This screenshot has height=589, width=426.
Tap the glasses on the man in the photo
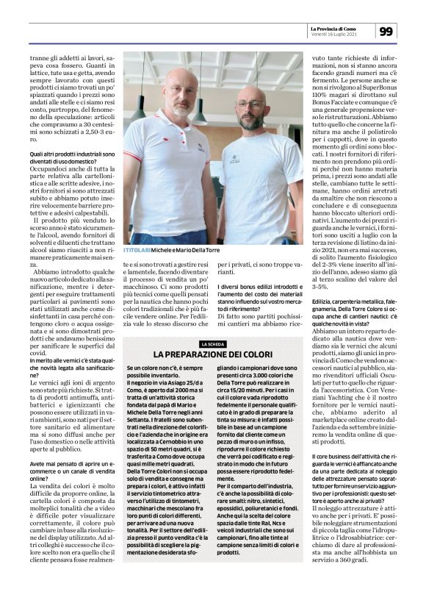point(250,105)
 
